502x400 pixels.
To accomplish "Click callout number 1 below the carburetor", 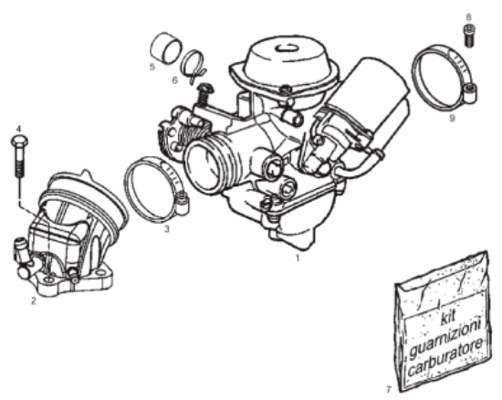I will (297, 258).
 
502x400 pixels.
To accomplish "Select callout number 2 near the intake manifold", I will (33, 298).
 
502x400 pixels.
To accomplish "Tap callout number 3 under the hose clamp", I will (166, 228).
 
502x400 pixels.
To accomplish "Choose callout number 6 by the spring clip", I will (174, 80).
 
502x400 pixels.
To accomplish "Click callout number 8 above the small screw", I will (469, 16).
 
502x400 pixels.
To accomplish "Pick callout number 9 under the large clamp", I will (451, 118).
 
